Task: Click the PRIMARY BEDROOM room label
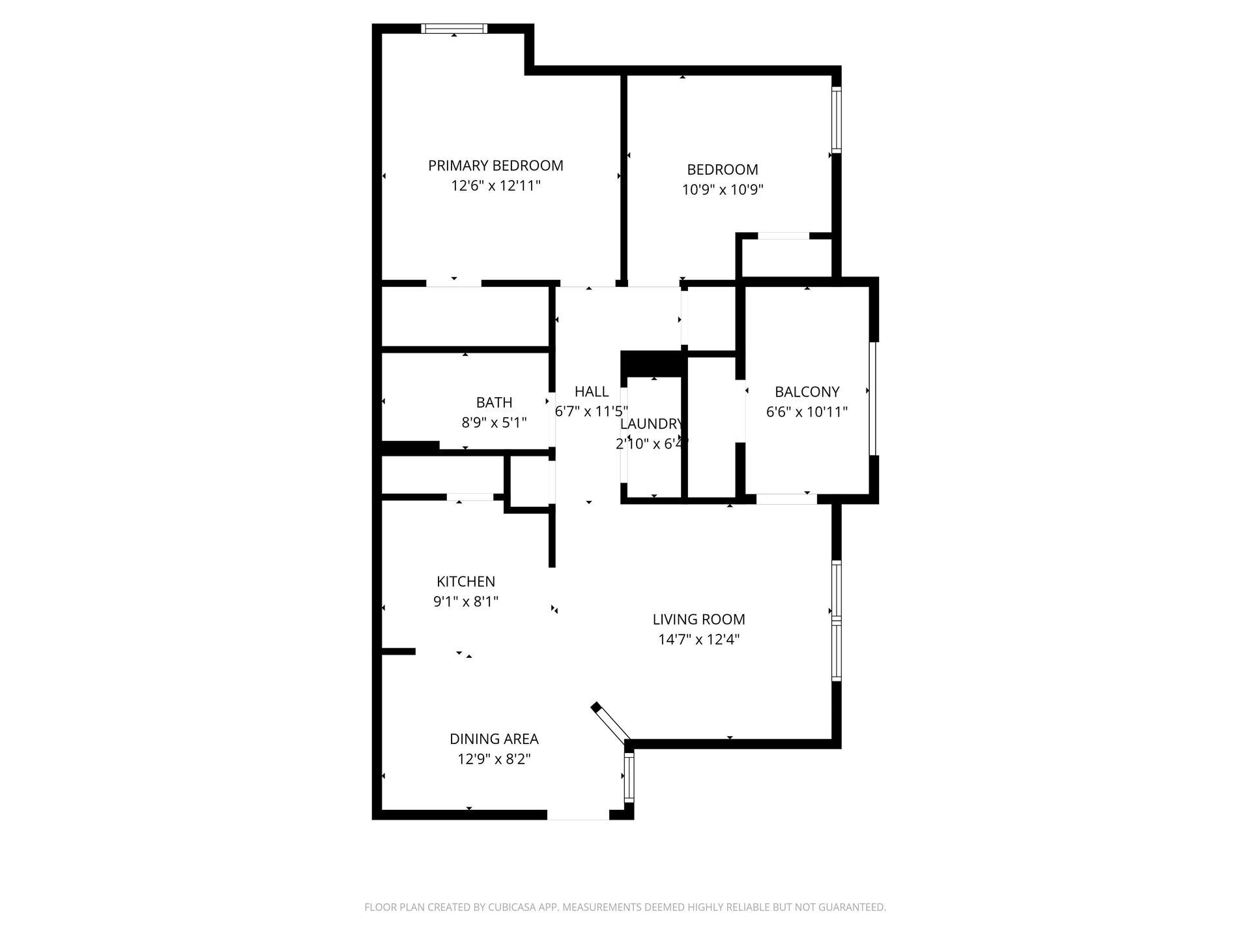[495, 166]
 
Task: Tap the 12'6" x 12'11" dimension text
[495, 186]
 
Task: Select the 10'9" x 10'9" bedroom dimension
[723, 190]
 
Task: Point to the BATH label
[494, 402]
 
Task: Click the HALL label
[592, 391]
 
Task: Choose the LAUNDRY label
[651, 424]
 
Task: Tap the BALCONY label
[807, 392]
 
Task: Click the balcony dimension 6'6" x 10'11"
[807, 412]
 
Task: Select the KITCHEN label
[466, 581]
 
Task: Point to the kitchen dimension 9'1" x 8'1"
[466, 601]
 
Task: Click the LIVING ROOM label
[698, 619]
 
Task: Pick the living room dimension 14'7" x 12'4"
[698, 639]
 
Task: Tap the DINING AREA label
[494, 739]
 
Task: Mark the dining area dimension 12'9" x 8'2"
[494, 759]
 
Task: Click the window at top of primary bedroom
[454, 28]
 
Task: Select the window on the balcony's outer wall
[873, 398]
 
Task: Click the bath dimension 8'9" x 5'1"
[494, 423]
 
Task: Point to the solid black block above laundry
[652, 363]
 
